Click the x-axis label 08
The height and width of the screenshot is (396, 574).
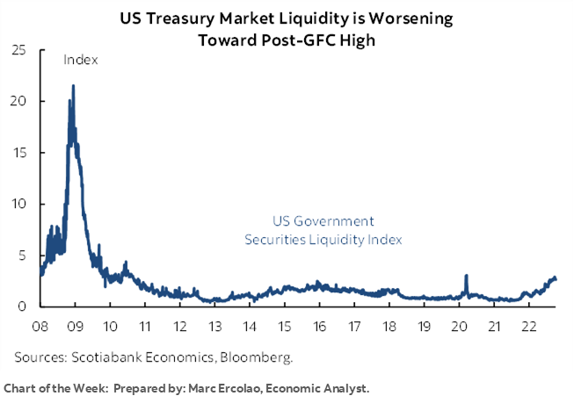coord(40,325)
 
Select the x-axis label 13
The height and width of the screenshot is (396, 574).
coord(214,325)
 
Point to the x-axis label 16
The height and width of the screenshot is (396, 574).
coord(319,325)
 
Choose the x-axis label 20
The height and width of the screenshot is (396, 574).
coord(458,325)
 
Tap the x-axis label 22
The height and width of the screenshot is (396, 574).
coord(527,325)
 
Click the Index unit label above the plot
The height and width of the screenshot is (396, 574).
coord(79,60)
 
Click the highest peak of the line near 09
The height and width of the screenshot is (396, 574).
coord(73,86)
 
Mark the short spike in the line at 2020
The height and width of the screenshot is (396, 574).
coord(466,276)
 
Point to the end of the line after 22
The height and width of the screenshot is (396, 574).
coord(556,280)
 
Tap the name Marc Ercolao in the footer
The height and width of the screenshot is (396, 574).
coord(221,387)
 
